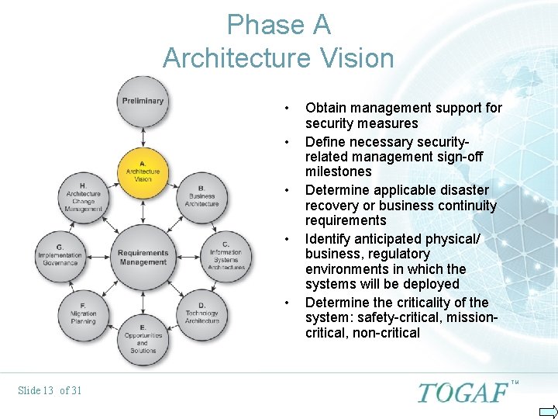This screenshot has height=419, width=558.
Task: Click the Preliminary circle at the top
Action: tap(143, 102)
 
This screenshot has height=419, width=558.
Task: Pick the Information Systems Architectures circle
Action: tap(226, 256)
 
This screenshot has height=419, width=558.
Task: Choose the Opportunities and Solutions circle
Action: tap(143, 338)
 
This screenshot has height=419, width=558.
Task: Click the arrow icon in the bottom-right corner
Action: tap(547, 410)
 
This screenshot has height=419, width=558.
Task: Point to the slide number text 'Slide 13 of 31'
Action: tap(49, 390)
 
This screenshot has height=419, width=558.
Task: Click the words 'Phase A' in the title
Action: tap(278, 26)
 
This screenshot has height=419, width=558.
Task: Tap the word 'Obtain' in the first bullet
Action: tap(326, 109)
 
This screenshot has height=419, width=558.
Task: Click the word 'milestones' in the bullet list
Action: tap(339, 171)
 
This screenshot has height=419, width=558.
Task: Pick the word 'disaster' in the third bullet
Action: tap(463, 190)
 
